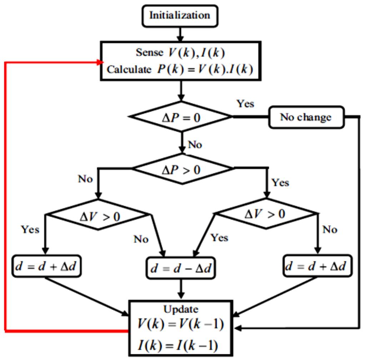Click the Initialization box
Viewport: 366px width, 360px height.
click(x=179, y=16)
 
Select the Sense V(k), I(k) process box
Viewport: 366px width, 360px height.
click(x=180, y=60)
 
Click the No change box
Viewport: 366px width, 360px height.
click(x=307, y=117)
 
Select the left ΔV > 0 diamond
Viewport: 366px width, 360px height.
click(x=99, y=214)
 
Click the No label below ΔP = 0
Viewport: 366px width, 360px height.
click(x=195, y=145)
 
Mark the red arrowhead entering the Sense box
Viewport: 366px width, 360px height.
click(x=100, y=62)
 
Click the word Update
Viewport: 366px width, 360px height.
click(x=181, y=309)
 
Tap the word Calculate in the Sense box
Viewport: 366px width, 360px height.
click(x=129, y=69)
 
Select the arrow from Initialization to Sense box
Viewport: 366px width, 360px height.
click(x=180, y=34)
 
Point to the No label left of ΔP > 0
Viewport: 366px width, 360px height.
click(x=85, y=179)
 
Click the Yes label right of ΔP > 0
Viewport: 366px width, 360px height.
click(x=280, y=183)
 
